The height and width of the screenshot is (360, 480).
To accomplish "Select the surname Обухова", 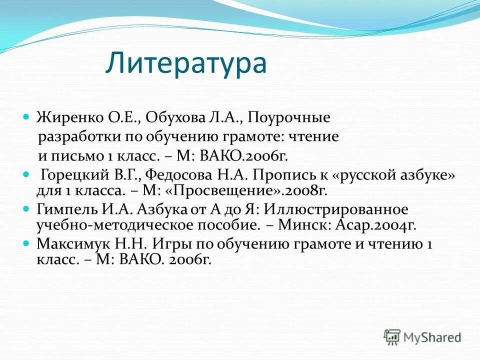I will click(182, 118).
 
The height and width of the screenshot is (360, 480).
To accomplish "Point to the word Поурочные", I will click(289, 118).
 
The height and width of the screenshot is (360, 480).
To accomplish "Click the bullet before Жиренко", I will click(27, 116).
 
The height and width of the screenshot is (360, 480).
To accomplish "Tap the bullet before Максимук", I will click(27, 242).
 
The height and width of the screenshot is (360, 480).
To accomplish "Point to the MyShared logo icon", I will click(392, 336).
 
